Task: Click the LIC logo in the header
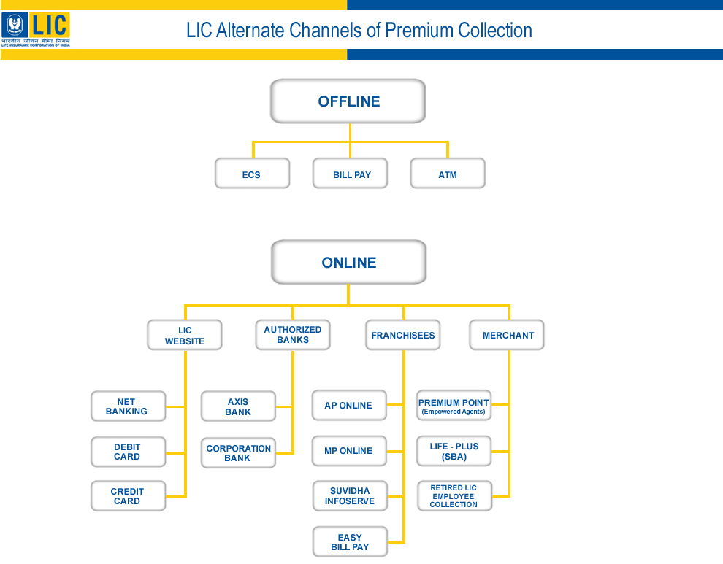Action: coord(36,29)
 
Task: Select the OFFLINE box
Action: coord(348,101)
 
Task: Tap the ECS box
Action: coord(252,174)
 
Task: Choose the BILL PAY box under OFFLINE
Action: coord(351,174)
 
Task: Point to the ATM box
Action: coord(448,174)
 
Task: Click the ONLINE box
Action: coord(348,263)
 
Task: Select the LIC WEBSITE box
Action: coord(185,336)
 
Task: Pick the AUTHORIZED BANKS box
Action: coord(293,335)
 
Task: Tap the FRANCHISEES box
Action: coord(403,336)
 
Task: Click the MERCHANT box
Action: coord(508,336)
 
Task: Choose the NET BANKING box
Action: coord(128,406)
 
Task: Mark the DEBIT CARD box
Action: coord(128,452)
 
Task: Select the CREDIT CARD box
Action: coord(128,496)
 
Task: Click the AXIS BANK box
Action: coord(238,406)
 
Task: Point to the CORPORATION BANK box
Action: coord(238,453)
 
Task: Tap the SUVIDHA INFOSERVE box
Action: coord(350,496)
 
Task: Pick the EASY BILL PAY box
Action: coord(350,542)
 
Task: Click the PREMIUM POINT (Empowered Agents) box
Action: coord(454,406)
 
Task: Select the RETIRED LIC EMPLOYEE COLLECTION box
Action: coord(454,496)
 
